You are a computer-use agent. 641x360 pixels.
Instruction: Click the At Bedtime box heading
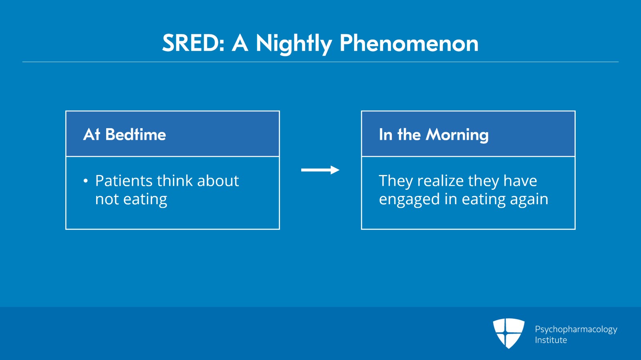125,135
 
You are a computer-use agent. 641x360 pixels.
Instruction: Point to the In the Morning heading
433,135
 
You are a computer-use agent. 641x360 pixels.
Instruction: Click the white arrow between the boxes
320,170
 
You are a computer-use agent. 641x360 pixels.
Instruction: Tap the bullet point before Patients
86,181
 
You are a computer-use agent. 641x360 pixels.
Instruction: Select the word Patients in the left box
124,181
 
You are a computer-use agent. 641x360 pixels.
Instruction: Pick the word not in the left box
107,199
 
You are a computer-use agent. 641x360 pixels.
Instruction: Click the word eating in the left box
145,199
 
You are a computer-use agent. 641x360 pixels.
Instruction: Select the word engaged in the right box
409,199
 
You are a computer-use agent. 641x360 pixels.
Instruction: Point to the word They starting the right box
396,181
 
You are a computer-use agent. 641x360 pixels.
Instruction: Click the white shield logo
508,333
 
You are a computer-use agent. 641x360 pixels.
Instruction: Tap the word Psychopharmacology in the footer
576,330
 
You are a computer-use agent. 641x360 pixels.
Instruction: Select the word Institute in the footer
551,340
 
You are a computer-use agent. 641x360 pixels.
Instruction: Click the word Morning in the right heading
457,135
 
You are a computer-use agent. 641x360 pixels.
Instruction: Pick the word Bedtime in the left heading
135,135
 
